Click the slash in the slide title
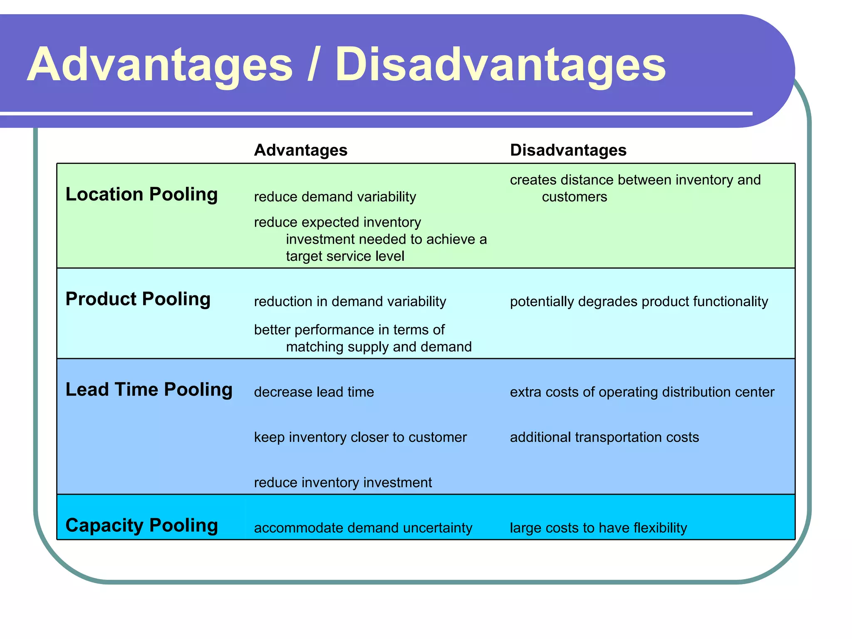coord(315,64)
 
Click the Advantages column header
coord(300,150)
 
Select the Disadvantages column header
coord(568,150)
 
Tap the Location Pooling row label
coord(141,194)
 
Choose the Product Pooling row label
coord(138,299)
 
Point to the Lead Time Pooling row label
coord(149,390)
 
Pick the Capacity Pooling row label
coord(141,525)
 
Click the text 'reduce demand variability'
coord(335,197)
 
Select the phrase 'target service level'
coord(345,256)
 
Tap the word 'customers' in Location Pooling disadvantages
coord(574,197)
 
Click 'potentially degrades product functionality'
coord(639,302)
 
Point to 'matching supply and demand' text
coord(379,347)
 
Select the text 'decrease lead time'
coord(314,392)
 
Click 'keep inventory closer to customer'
coord(360,438)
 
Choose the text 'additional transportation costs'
coord(604,438)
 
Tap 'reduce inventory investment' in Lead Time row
coord(343,483)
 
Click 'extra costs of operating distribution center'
coord(642,392)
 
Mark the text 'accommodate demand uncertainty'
coord(363,528)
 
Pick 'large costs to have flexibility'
coord(598,528)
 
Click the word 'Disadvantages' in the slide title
coord(500,64)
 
